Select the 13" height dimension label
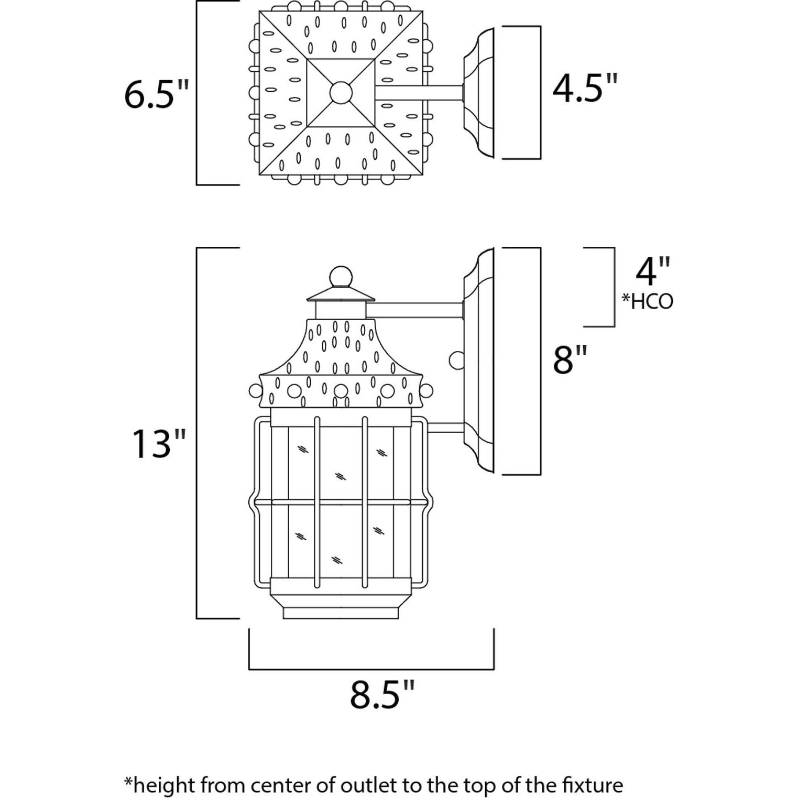pos(158,444)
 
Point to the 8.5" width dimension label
pos(382,695)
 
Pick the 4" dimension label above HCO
pos(653,271)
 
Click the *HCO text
pos(647,302)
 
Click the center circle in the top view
pos(341,93)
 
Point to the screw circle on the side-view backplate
pos(457,360)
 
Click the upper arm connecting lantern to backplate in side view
pos(414,310)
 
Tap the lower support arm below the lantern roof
pos(445,428)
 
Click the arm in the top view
pos(419,92)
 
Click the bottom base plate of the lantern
pos(341,613)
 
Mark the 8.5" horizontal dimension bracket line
pos(371,669)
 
